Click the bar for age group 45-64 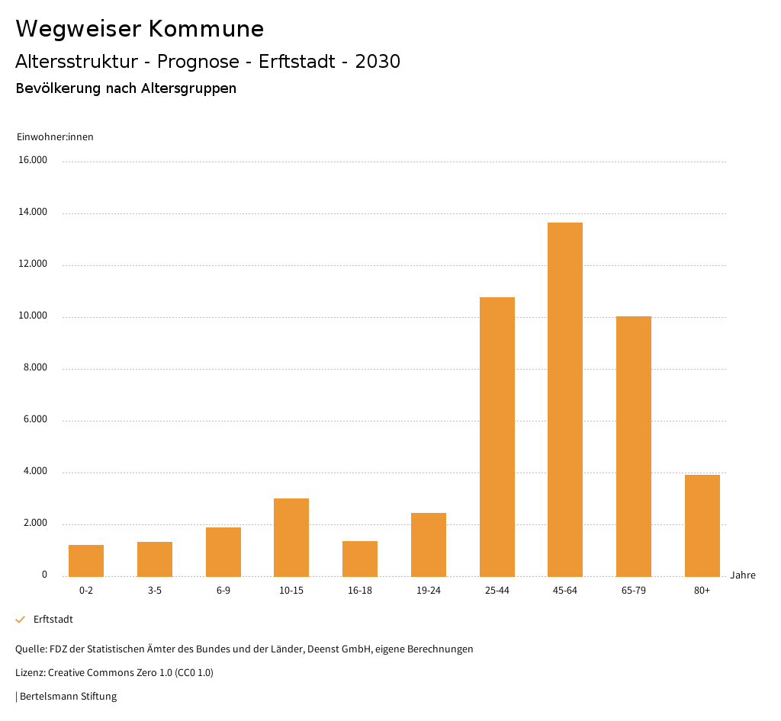[x=565, y=399]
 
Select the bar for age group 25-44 [x=497, y=437]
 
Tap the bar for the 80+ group [x=702, y=526]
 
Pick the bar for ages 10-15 [x=291, y=537]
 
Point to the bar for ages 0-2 [x=86, y=561]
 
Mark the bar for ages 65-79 [x=634, y=447]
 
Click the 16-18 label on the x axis [x=360, y=591]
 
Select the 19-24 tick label [x=429, y=591]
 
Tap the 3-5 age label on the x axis [x=155, y=591]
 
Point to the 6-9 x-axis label [x=223, y=591]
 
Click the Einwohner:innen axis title [x=55, y=137]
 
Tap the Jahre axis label [x=743, y=575]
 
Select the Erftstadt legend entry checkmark [x=21, y=620]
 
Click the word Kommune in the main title [x=206, y=29]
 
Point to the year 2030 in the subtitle [x=378, y=62]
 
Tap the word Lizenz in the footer [x=30, y=673]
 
